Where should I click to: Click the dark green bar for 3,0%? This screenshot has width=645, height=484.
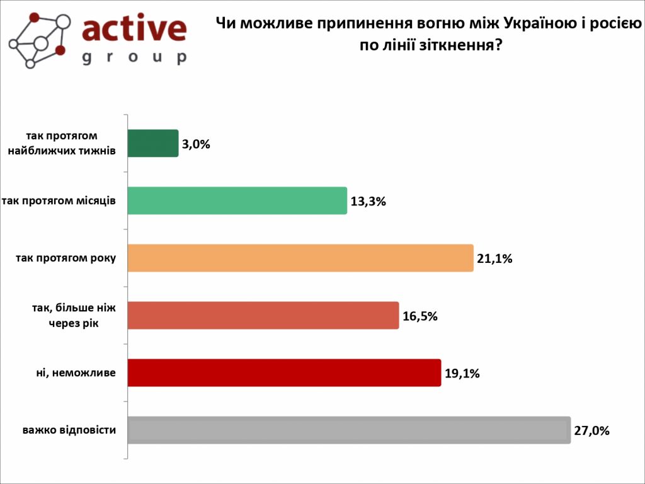click(153, 143)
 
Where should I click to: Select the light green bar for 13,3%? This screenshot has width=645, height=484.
click(237, 200)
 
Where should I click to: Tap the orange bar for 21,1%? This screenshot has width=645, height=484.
click(300, 258)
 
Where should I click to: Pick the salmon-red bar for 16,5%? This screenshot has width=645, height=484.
click(263, 315)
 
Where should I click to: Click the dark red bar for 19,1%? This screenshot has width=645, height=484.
click(284, 372)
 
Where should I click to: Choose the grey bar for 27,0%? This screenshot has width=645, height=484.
click(349, 430)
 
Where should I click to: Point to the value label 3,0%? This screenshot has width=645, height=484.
click(196, 144)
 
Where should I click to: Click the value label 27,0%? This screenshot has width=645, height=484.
click(591, 432)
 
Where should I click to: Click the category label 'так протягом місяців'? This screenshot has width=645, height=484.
click(59, 200)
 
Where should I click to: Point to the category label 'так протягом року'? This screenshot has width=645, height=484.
click(66, 258)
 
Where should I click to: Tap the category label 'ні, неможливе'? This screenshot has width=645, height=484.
click(76, 372)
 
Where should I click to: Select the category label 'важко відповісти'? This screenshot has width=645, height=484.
click(69, 430)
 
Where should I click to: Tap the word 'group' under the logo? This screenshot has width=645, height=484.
click(134, 57)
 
